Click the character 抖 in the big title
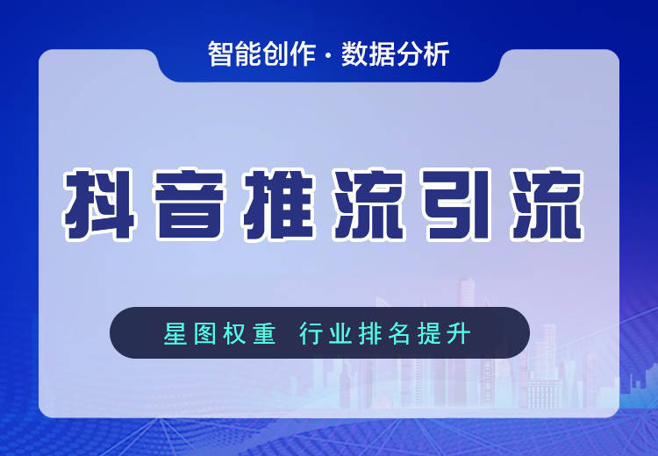tap(99, 204)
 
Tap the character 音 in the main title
tap(189, 204)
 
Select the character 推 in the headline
tap(279, 204)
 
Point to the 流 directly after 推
tap(368, 204)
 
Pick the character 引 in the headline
tap(457, 204)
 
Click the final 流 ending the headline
tap(547, 204)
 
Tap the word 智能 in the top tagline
tap(234, 53)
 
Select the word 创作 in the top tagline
tap(289, 53)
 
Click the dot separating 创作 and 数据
tap(329, 56)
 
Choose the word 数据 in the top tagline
tap(368, 53)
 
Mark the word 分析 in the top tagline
tap(423, 53)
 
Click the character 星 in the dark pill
tap(175, 333)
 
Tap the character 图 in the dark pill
tap(205, 333)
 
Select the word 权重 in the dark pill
tap(250, 333)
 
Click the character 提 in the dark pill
tap(429, 333)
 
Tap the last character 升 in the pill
tap(459, 333)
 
